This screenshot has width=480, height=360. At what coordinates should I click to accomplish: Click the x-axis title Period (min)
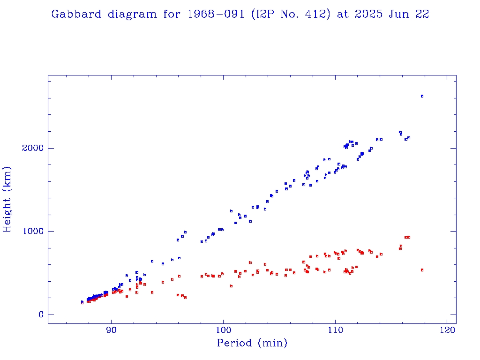click(252, 343)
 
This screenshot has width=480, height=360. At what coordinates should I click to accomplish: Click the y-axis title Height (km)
click(7, 199)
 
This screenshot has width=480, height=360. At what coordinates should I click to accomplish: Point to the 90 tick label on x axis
click(112, 330)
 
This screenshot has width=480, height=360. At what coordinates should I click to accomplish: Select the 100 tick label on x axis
click(224, 330)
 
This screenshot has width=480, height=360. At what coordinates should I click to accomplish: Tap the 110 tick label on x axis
click(335, 330)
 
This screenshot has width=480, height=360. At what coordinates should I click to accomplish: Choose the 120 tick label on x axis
click(447, 330)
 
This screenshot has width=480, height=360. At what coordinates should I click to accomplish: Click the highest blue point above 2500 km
click(422, 96)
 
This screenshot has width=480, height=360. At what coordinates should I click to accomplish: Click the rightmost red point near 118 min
click(422, 270)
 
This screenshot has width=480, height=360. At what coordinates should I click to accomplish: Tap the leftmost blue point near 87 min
click(82, 302)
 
